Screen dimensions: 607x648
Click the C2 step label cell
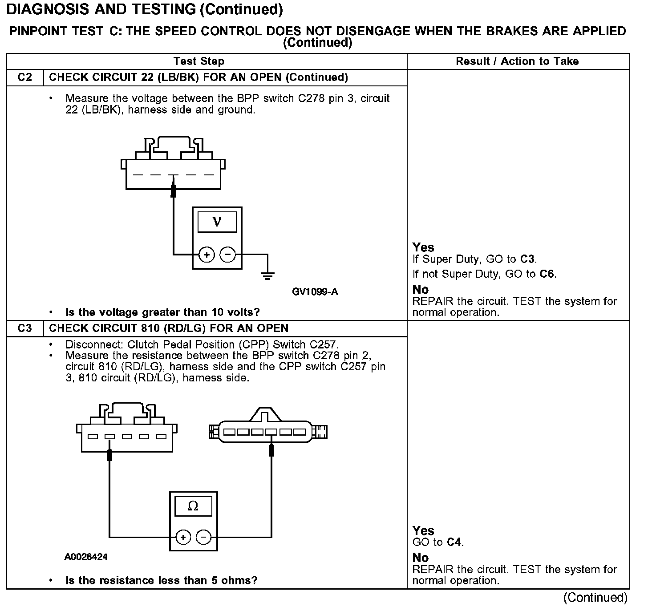(x=25, y=77)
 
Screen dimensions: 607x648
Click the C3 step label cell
(x=25, y=328)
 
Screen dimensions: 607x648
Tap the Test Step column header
(x=198, y=61)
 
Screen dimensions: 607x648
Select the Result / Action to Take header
(x=517, y=61)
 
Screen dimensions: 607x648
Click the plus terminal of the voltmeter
(x=207, y=255)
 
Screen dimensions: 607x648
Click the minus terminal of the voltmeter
(x=228, y=255)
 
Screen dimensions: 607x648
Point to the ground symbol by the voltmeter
(x=267, y=276)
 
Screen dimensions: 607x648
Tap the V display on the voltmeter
(x=217, y=221)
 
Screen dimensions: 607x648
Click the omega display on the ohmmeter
(x=193, y=506)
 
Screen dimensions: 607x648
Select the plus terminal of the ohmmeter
(x=183, y=537)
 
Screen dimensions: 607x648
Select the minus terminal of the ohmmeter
(x=204, y=537)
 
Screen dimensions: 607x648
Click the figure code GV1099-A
(x=315, y=292)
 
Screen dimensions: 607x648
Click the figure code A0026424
(x=86, y=557)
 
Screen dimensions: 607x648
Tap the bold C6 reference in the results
(x=547, y=274)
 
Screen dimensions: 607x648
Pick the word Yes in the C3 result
(x=423, y=530)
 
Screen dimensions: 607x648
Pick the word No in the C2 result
(x=420, y=290)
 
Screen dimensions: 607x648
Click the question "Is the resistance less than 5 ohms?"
(x=161, y=580)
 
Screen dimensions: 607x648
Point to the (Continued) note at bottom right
(x=595, y=597)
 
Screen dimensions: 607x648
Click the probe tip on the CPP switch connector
(x=271, y=450)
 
